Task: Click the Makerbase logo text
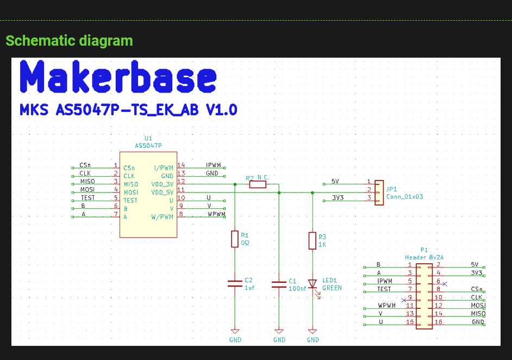click(118, 77)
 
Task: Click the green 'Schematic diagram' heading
click(69, 41)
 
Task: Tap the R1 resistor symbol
click(235, 239)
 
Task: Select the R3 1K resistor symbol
click(313, 240)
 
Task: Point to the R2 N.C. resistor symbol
click(258, 184)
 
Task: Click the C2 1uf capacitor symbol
click(235, 283)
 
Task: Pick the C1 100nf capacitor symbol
click(279, 284)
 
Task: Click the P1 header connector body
click(424, 296)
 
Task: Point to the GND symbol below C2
click(235, 331)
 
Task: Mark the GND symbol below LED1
click(313, 331)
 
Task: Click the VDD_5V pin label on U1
click(163, 193)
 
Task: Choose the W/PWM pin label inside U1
click(163, 217)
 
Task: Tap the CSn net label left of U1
click(85, 165)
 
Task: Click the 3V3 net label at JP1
click(338, 198)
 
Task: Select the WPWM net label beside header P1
click(387, 306)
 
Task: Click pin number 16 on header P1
click(439, 322)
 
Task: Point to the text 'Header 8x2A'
click(424, 257)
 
